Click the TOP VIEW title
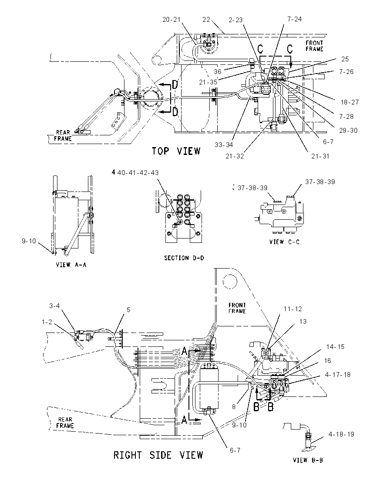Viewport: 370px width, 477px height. [x=176, y=151]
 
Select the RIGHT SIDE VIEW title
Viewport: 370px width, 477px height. [x=158, y=455]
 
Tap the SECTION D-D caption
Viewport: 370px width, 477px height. [x=184, y=258]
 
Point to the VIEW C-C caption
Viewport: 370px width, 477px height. [x=284, y=242]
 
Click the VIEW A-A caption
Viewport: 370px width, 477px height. [x=71, y=265]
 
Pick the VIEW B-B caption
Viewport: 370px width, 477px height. [x=308, y=460]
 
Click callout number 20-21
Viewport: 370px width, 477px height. [x=172, y=20]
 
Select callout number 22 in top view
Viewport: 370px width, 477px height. [x=206, y=20]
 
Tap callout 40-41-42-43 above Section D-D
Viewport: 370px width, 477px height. [x=138, y=172]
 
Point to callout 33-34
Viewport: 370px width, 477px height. [x=224, y=145]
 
